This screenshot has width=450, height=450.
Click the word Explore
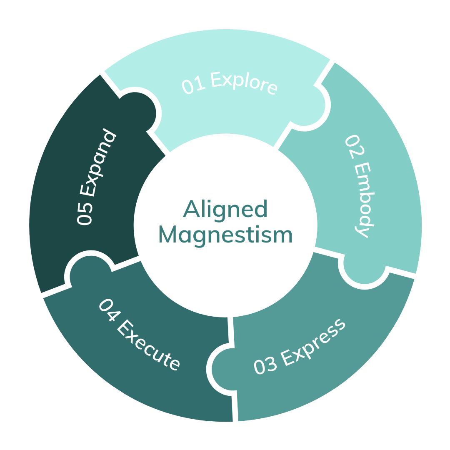coord(244,83)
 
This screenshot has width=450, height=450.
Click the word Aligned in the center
coord(225,210)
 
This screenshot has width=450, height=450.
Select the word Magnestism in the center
coord(225,235)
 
